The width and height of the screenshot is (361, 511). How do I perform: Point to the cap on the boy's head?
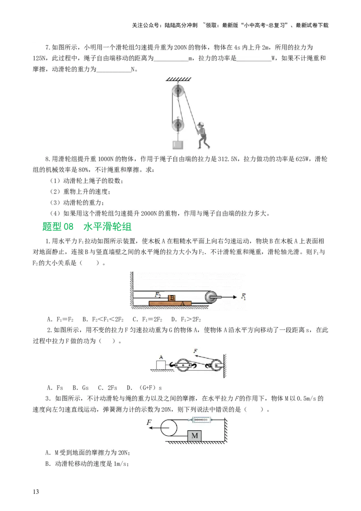pyautogui.click(x=201, y=123)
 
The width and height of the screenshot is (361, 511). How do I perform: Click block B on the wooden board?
pyautogui.click(x=171, y=298)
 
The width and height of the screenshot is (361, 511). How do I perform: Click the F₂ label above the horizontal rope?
pyautogui.click(x=158, y=294)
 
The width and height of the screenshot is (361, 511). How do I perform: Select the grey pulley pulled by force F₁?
pyautogui.click(x=211, y=297)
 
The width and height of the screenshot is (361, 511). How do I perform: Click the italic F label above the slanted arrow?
pyautogui.click(x=195, y=350)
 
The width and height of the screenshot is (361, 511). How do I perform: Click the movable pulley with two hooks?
pyautogui.click(x=183, y=365)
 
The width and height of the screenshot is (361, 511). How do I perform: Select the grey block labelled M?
pyautogui.click(x=195, y=435)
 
